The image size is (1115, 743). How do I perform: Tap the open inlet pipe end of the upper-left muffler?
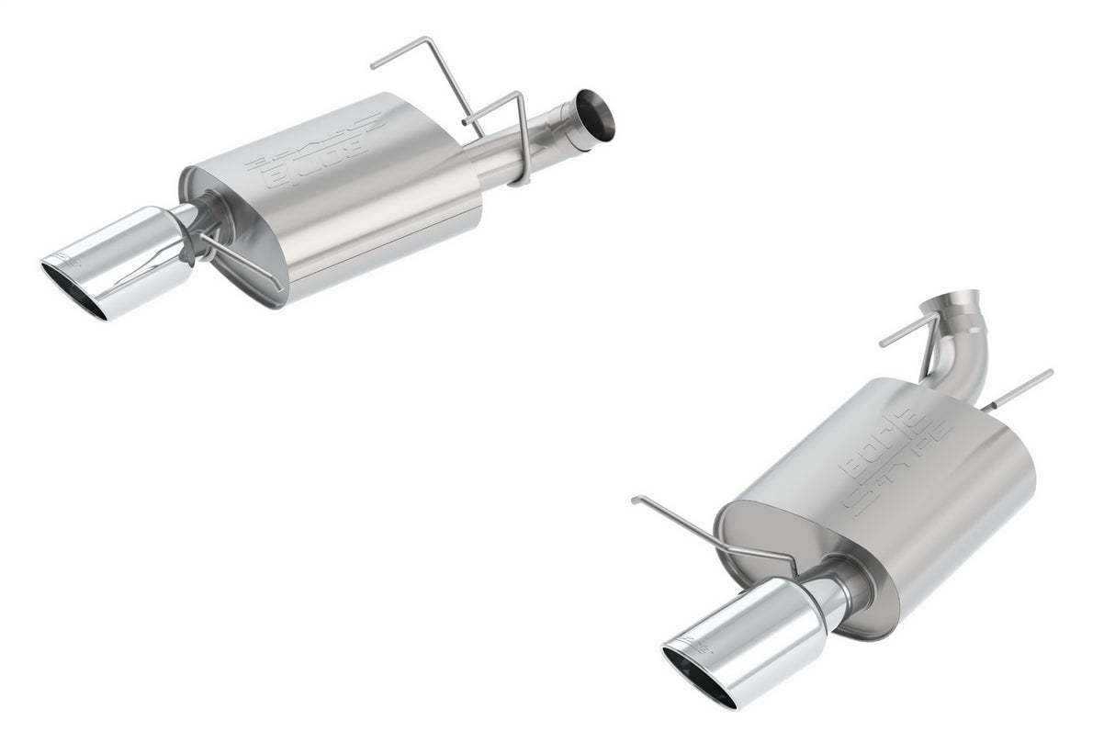(x=595, y=118)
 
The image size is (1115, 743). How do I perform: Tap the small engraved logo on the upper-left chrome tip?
(x=67, y=258)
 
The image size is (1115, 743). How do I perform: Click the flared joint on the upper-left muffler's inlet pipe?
(x=560, y=129)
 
